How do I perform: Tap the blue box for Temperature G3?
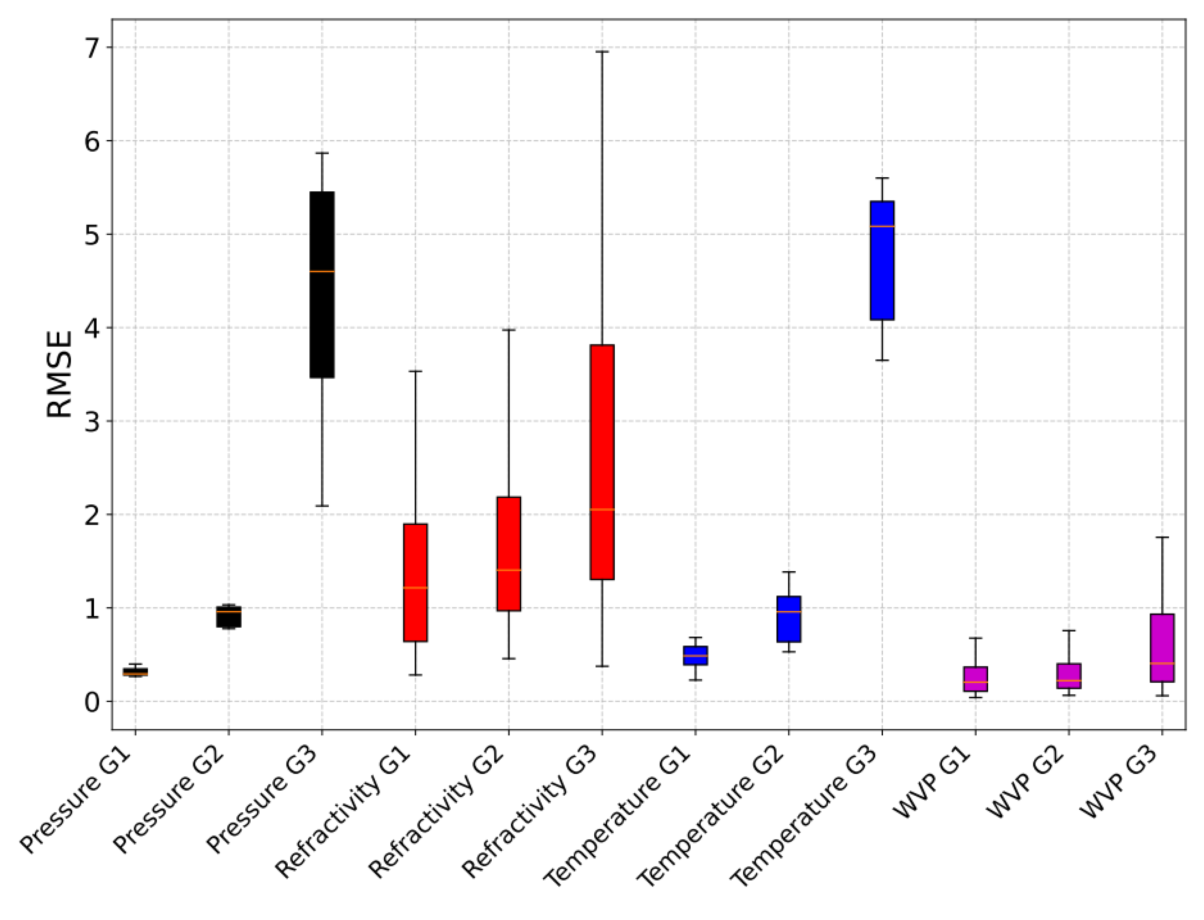[x=882, y=260]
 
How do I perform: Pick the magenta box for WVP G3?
[x=1161, y=648]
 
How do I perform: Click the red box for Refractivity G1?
[x=415, y=582]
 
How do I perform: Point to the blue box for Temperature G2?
[x=788, y=619]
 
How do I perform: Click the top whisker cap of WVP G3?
[x=1161, y=537]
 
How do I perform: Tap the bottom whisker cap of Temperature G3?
[x=882, y=360]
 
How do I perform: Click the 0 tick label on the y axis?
[x=92, y=701]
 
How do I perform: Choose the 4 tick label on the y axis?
[x=92, y=328]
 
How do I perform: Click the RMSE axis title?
[x=59, y=374]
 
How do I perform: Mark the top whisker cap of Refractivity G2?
[x=509, y=330]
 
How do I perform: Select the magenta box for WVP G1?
[x=975, y=679]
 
